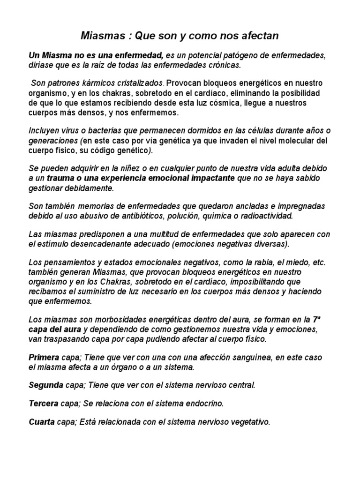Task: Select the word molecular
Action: tap(298, 141)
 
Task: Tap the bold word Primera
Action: tap(44, 358)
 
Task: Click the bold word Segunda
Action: tap(46, 385)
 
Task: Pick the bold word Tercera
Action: tap(44, 404)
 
